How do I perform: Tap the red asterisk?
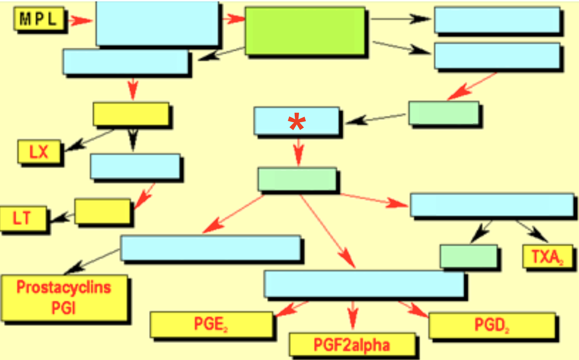296,123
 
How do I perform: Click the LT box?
22,219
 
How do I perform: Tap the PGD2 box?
492,325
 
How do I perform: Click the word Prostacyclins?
64,287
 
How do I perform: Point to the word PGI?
64,307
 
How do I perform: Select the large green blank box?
304,31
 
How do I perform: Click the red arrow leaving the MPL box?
80,20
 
